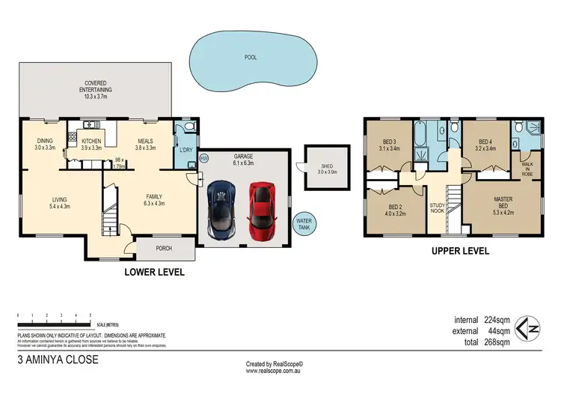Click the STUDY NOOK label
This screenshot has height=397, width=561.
point(438,207)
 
